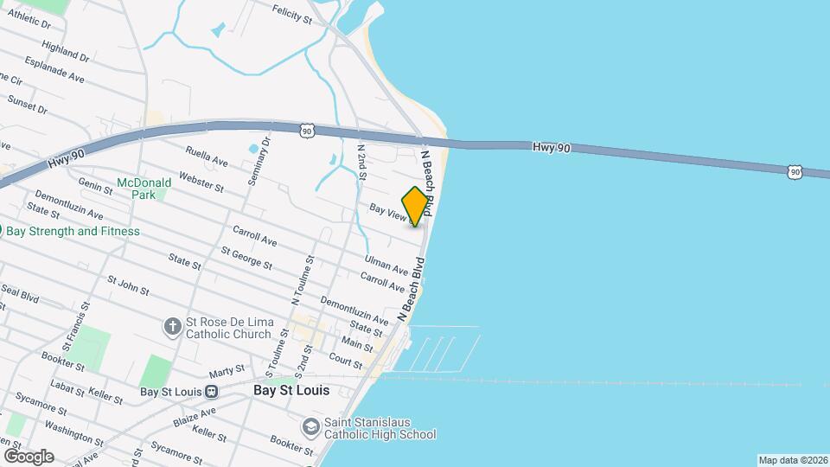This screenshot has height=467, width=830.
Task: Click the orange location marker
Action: point(416,206)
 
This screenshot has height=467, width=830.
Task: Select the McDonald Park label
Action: point(137,189)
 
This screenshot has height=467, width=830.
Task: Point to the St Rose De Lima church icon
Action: point(172,328)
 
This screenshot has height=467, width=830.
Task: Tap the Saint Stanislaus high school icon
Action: point(310,427)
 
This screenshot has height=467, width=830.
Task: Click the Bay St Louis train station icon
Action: point(211,391)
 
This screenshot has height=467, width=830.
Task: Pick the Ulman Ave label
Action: point(386,265)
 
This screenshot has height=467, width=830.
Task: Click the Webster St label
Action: point(201,182)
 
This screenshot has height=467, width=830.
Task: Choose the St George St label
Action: point(246,258)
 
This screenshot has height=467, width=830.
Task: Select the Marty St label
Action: point(227,371)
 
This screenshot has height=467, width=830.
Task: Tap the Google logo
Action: point(28,456)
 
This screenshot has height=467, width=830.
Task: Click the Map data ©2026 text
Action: point(792,460)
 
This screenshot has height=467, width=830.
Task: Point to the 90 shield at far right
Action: point(795,172)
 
